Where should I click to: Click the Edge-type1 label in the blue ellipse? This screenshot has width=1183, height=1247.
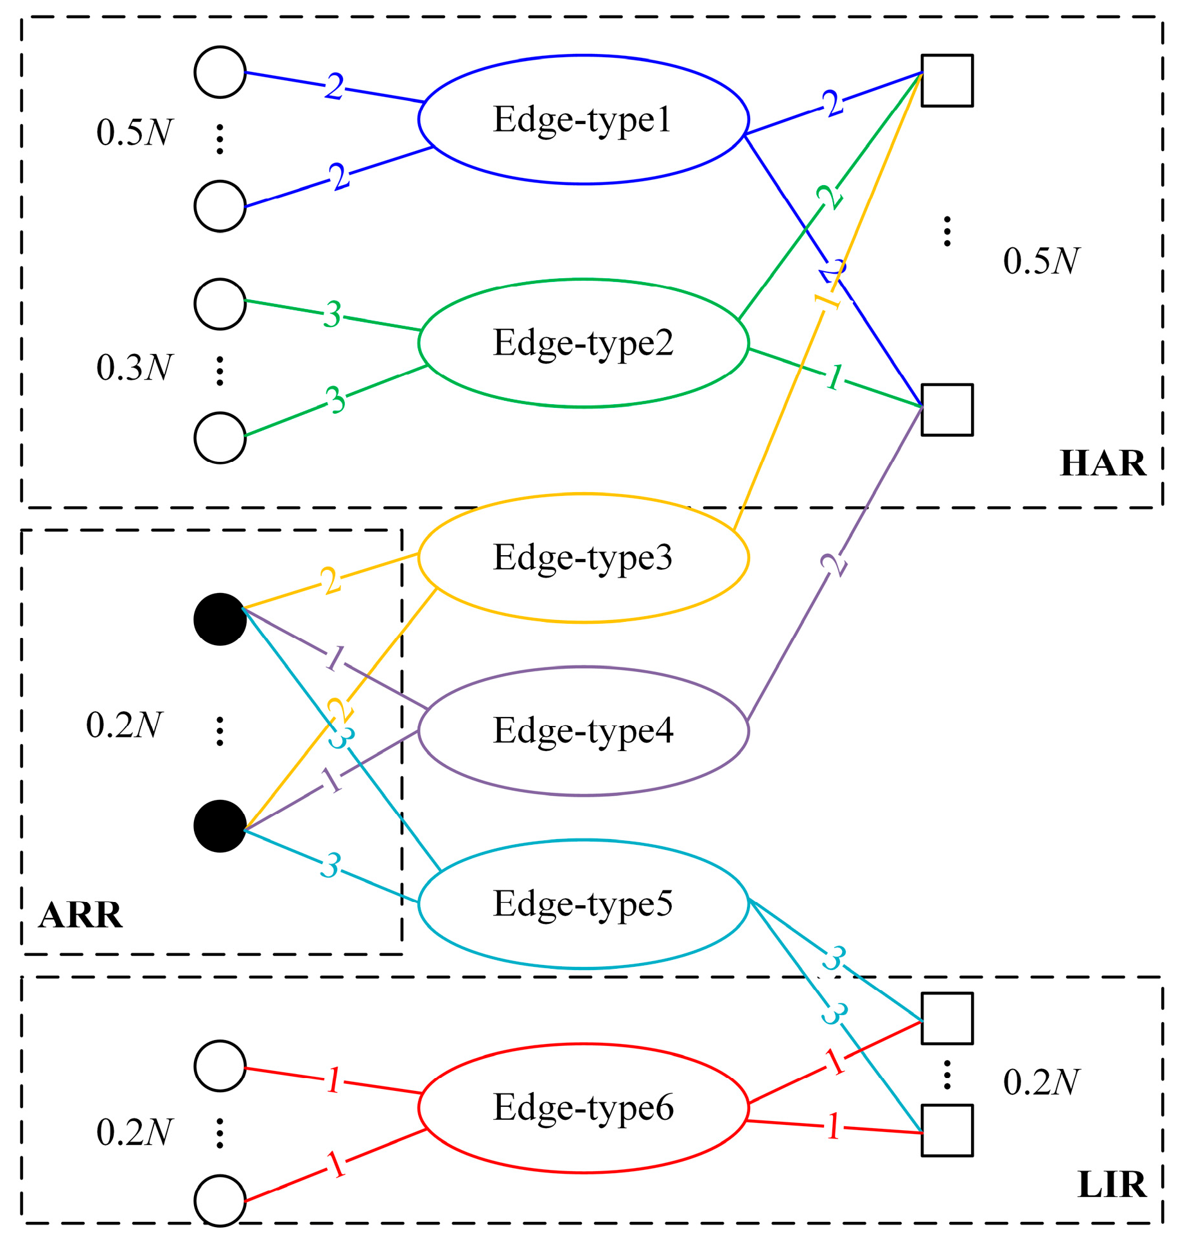(582, 120)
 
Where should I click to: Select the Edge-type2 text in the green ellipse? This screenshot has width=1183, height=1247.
(583, 344)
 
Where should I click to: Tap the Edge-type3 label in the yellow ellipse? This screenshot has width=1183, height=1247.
(583, 558)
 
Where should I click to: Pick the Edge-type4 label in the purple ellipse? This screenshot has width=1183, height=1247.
(583, 731)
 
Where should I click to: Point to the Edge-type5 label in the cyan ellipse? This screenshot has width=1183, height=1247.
(583, 904)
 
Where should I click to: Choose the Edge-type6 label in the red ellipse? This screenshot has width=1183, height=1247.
(583, 1108)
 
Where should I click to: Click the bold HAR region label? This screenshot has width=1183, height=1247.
(1102, 463)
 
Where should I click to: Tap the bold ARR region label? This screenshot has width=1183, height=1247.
(80, 915)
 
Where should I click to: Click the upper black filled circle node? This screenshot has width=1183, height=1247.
(220, 619)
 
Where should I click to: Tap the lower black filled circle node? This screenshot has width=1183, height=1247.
(220, 826)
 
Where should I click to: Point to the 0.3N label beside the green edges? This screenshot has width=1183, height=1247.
(134, 367)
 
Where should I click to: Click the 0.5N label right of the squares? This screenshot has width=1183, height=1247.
(1041, 261)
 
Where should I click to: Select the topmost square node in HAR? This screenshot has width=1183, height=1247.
(947, 80)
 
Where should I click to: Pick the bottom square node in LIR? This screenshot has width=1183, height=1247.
(947, 1130)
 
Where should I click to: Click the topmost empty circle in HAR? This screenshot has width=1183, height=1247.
(220, 72)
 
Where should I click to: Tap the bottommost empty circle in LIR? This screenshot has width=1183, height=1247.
(220, 1201)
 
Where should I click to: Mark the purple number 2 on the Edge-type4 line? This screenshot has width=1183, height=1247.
(834, 565)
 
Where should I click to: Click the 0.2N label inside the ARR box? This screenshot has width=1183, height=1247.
(124, 725)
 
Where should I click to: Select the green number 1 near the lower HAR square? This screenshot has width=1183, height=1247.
(834, 376)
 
